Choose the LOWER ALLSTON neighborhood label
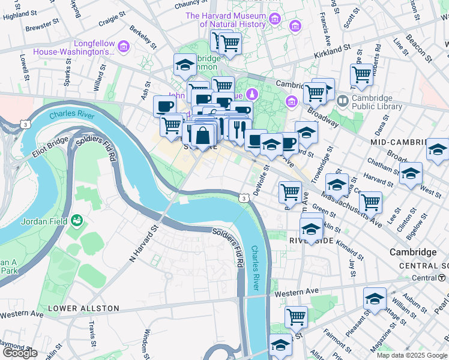tap(83, 308)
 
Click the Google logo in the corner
tap(20, 353)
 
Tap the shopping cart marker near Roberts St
tap(361, 74)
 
